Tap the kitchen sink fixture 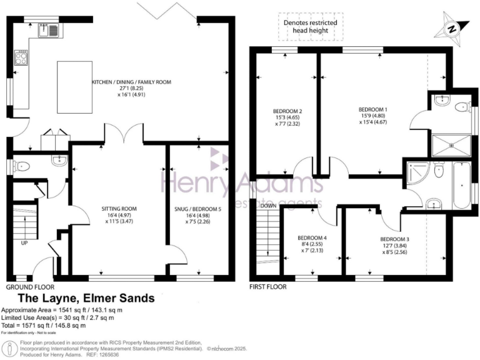(x=49, y=27)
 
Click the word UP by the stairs (x=24, y=243)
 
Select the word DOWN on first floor (x=269, y=206)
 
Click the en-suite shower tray (x=450, y=144)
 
